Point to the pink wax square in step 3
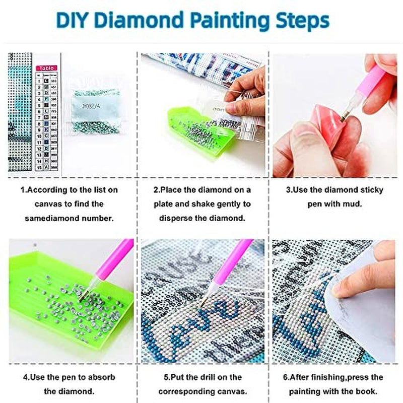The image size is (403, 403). click(327, 124)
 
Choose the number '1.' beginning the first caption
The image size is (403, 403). click(23, 190)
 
